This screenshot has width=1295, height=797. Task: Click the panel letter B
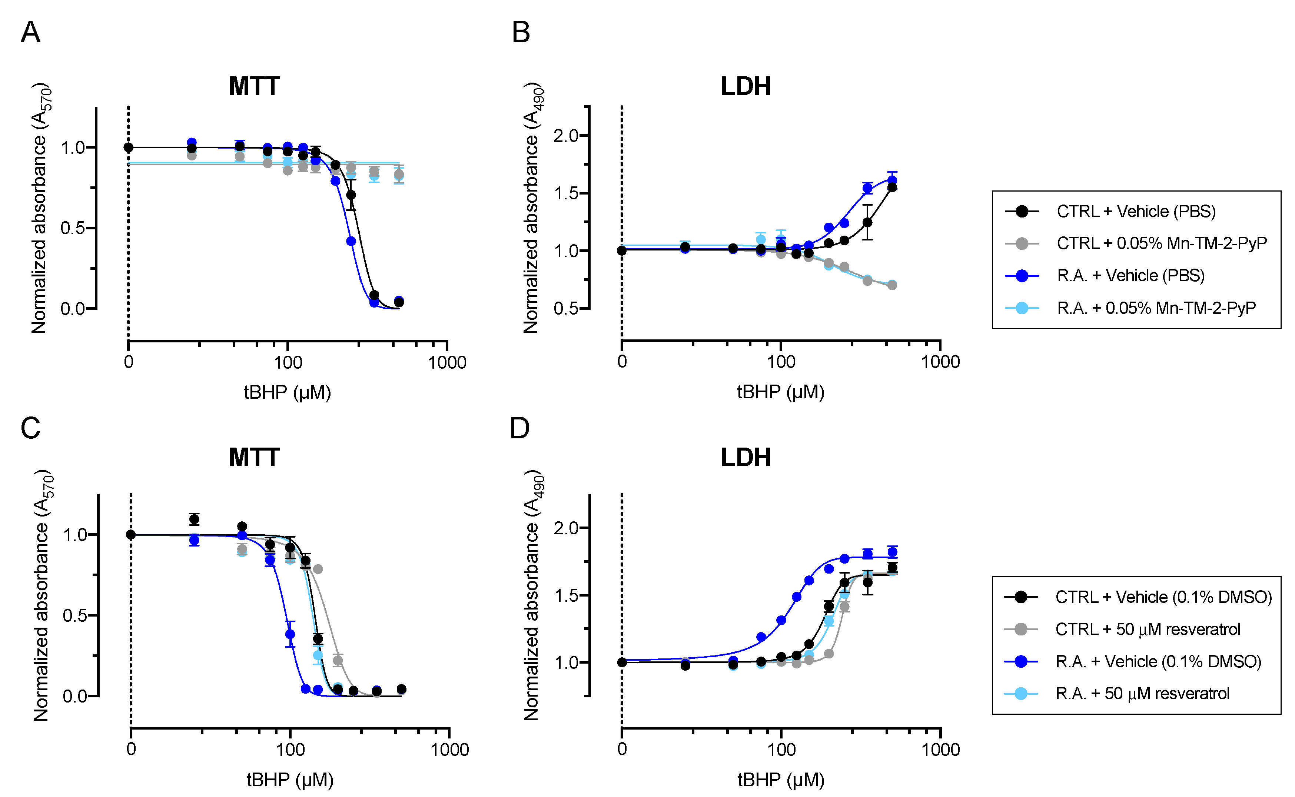521,32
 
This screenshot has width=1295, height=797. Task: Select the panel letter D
520,428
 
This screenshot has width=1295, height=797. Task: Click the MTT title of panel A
254,86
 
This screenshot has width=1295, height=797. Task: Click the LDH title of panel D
745,458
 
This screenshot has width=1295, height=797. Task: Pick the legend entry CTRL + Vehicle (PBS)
1136,211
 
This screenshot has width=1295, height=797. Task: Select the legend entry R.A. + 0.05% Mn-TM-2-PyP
1156,308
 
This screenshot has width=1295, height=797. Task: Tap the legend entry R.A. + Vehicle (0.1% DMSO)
1158,661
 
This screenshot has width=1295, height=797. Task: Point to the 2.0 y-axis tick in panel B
565,136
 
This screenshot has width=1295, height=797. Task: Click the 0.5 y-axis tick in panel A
73,228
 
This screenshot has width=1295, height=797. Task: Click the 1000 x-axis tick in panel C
449,749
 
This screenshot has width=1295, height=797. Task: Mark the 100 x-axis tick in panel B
781,362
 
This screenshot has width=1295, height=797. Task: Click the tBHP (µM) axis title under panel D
781,779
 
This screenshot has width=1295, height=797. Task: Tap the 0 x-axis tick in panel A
129,362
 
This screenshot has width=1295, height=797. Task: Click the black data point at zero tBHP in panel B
622,250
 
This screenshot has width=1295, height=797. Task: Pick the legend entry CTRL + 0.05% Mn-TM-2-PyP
1161,243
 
